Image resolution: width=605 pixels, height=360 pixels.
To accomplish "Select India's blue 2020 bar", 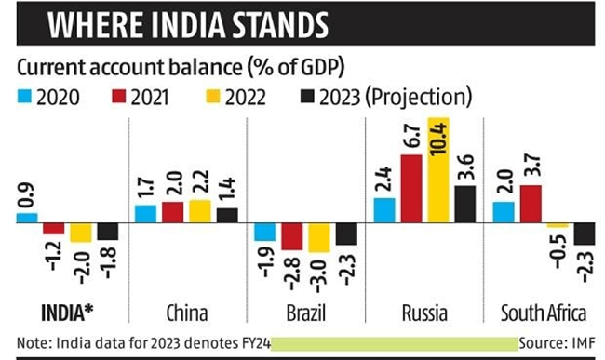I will (27, 219).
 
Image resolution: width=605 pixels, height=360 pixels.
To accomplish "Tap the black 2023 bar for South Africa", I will (585, 234).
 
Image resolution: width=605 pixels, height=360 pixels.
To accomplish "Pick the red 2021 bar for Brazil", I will (292, 236).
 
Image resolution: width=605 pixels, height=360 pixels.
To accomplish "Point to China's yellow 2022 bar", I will (200, 211).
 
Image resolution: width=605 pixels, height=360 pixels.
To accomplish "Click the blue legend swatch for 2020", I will (26, 96).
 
